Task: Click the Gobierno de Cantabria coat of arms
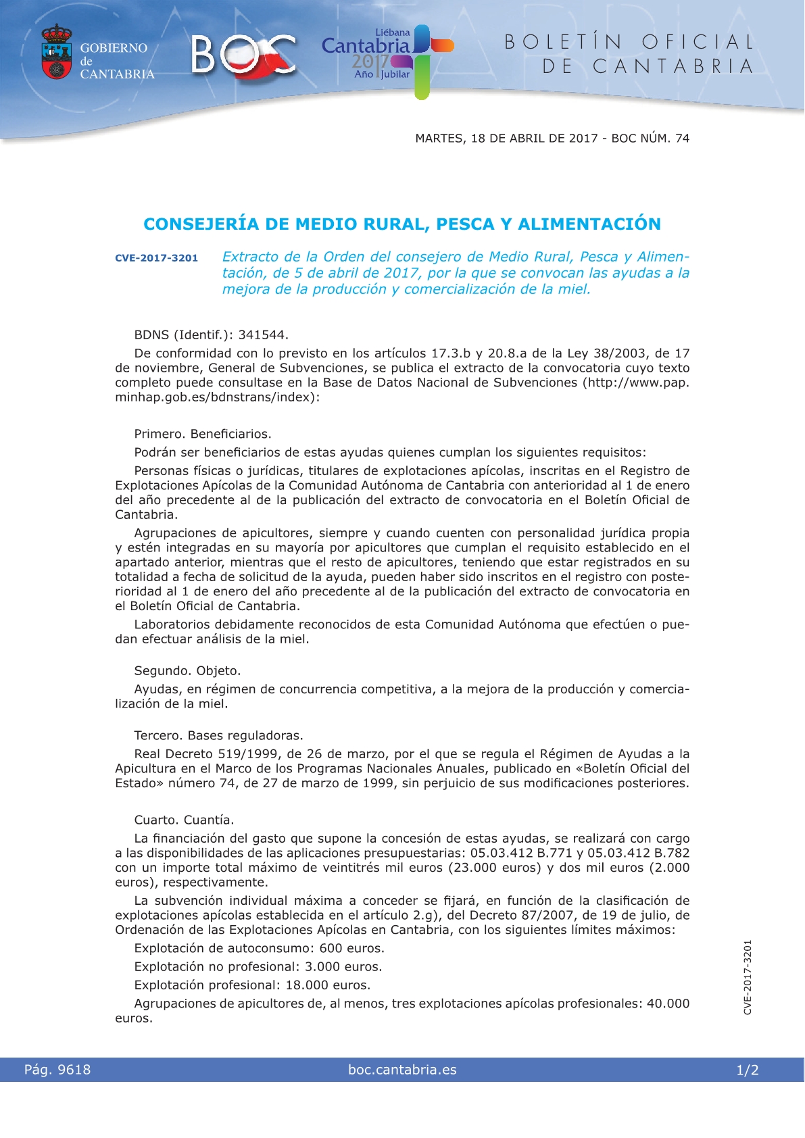click(x=57, y=53)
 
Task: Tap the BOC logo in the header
click(x=243, y=54)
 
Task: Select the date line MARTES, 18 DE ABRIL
click(x=552, y=139)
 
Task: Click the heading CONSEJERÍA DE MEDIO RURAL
click(x=402, y=224)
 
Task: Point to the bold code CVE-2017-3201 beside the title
click(x=156, y=258)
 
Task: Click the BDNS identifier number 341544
click(x=263, y=335)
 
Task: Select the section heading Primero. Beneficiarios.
click(x=203, y=434)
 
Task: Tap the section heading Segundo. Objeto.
click(x=187, y=671)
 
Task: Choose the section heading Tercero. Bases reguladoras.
click(x=218, y=736)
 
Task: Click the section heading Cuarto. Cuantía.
click(x=184, y=820)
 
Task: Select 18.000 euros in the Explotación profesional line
click(x=328, y=985)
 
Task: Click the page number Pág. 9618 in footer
click(x=57, y=1070)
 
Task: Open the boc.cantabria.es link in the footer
click(x=402, y=1070)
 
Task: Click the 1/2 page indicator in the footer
click(x=748, y=1070)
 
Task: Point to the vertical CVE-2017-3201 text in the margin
click(x=748, y=977)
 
